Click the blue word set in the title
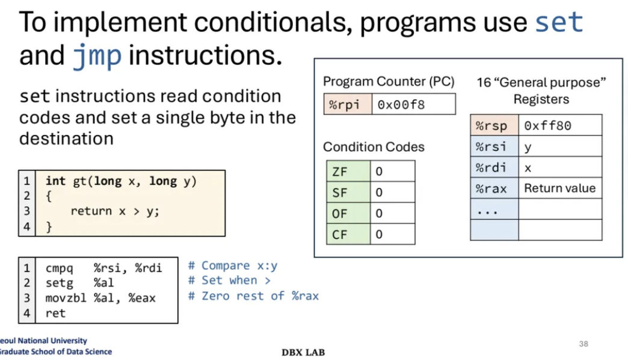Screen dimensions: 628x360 559,23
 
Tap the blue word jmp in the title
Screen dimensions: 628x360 97,56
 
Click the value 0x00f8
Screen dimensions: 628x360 401,105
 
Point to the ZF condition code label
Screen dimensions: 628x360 340,172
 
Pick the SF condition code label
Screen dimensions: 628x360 340,193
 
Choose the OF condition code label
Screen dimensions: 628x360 340,214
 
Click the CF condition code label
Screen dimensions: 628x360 340,234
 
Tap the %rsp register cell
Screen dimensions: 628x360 492,126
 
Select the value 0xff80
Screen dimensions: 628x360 547,126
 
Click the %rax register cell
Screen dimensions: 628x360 492,188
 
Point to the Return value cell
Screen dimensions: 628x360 559,188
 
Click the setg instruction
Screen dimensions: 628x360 58,282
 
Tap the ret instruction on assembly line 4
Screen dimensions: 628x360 55,313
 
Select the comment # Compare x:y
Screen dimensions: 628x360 233,265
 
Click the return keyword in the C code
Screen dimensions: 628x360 91,211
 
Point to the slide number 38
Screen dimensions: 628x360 583,344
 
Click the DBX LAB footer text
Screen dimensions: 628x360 303,352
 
